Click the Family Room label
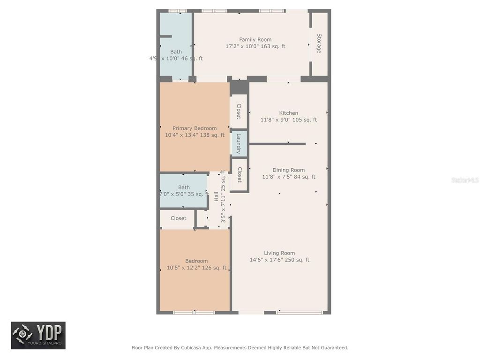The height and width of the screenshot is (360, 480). tap(255, 40)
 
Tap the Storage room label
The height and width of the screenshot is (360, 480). tap(319, 43)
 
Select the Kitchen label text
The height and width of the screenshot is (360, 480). tap(288, 113)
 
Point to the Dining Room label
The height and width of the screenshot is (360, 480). tap(288, 170)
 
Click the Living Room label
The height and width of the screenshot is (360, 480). tap(279, 253)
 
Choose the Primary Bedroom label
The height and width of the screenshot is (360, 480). tap(195, 128)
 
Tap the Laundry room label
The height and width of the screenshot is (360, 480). tap(239, 143)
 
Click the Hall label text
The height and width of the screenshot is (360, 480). tap(216, 196)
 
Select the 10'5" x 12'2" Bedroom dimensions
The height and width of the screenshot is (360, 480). tap(196, 268)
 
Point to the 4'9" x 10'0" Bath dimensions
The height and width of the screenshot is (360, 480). tap(176, 59)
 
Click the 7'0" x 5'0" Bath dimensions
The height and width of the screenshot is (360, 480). tap(184, 194)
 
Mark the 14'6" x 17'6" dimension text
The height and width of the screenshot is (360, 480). tap(279, 260)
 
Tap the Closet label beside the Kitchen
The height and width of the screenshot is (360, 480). tap(239, 111)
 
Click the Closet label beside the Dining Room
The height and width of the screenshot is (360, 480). tap(239, 175)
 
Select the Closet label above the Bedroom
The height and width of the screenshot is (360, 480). tap(178, 218)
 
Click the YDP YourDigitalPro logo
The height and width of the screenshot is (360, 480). tap(38, 335)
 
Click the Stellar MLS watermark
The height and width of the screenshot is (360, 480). tap(465, 180)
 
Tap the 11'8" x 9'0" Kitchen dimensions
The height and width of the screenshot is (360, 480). tap(288, 120)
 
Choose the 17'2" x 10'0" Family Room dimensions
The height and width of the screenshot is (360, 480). tap(255, 46)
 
